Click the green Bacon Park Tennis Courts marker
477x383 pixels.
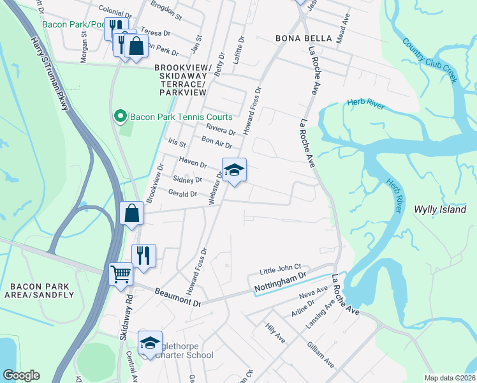[119, 116]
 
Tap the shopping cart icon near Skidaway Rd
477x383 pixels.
[121, 275]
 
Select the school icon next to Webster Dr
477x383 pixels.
[234, 170]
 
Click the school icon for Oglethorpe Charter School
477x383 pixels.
[150, 343]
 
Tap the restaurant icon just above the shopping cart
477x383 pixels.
[143, 256]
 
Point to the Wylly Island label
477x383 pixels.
[440, 209]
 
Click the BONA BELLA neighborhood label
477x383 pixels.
[304, 38]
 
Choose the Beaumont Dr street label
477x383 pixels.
[178, 297]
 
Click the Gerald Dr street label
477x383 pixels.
[183, 193]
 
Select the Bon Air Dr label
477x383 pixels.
[216, 141]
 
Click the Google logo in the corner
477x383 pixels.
[21, 375]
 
